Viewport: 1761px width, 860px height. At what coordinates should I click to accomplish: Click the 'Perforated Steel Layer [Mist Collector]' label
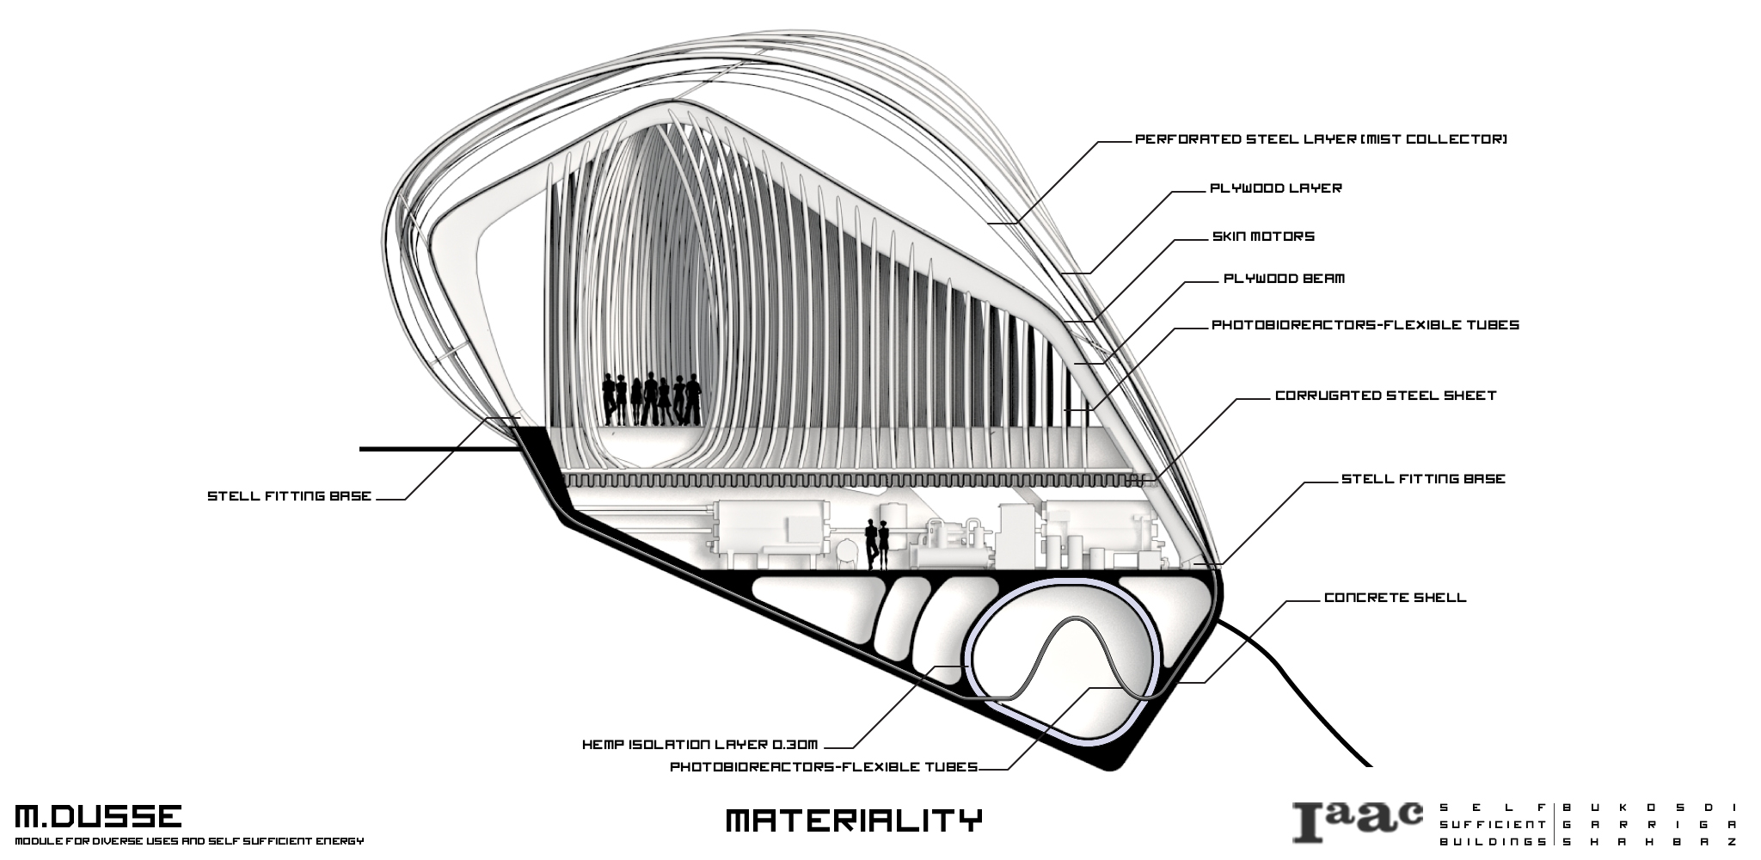(x=1321, y=139)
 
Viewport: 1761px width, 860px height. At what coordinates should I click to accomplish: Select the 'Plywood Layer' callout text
(x=1276, y=188)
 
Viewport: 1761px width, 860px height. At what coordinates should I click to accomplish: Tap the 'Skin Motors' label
(x=1263, y=236)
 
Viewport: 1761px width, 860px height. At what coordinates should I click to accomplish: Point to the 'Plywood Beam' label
(x=1284, y=279)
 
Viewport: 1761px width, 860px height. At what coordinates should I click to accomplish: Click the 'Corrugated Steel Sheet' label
(x=1385, y=396)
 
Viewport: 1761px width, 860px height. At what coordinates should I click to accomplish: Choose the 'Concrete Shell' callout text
(x=1395, y=598)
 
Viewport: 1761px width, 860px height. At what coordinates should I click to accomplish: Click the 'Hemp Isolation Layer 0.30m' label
(x=699, y=745)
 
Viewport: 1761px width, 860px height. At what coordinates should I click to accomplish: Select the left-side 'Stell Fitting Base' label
(x=289, y=496)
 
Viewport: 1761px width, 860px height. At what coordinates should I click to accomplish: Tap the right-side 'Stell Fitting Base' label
(x=1423, y=479)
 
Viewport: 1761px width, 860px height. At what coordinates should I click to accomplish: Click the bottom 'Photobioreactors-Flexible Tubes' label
(x=824, y=766)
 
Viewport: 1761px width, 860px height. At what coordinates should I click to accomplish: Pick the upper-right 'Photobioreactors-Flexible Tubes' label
(x=1365, y=325)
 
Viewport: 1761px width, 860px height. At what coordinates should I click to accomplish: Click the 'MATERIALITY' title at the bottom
(x=853, y=820)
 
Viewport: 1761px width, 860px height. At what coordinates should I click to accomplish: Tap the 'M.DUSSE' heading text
(x=98, y=817)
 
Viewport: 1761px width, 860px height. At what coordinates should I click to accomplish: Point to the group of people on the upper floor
(x=651, y=399)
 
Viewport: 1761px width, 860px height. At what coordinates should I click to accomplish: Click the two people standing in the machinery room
(x=876, y=544)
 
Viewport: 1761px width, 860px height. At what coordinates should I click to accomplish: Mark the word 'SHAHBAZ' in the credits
(x=1648, y=842)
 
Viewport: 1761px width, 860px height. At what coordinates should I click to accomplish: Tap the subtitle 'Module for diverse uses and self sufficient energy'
(x=189, y=841)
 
